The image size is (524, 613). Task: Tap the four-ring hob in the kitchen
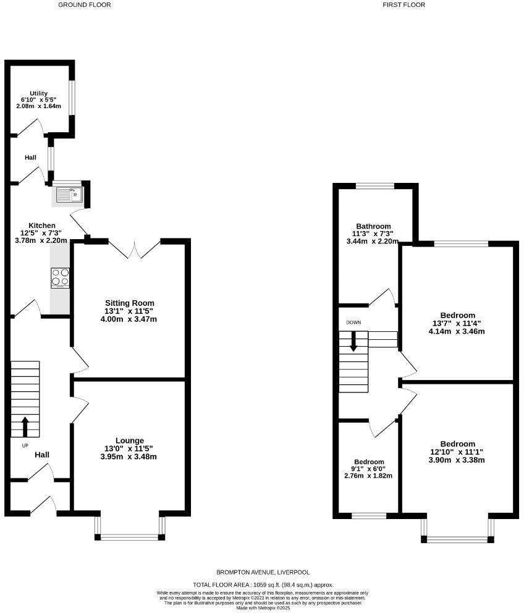click(x=60, y=278)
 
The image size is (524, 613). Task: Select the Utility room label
click(x=39, y=94)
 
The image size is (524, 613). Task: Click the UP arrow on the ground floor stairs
click(x=25, y=426)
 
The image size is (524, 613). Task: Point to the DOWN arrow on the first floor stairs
click(x=353, y=342)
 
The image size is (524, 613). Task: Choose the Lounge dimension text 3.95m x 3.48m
click(x=129, y=457)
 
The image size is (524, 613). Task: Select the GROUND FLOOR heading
click(x=85, y=5)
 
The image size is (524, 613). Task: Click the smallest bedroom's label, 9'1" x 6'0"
click(x=369, y=469)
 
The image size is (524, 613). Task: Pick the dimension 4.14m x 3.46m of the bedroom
click(x=457, y=331)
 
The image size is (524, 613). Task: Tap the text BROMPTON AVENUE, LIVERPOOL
click(x=263, y=573)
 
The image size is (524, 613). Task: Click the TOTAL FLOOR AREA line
click(x=263, y=585)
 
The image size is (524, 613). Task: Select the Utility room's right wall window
click(x=72, y=98)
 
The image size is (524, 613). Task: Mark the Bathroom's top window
click(x=375, y=185)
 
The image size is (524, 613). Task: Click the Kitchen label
click(x=42, y=226)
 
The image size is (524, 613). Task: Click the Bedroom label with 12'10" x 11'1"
click(x=457, y=444)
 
